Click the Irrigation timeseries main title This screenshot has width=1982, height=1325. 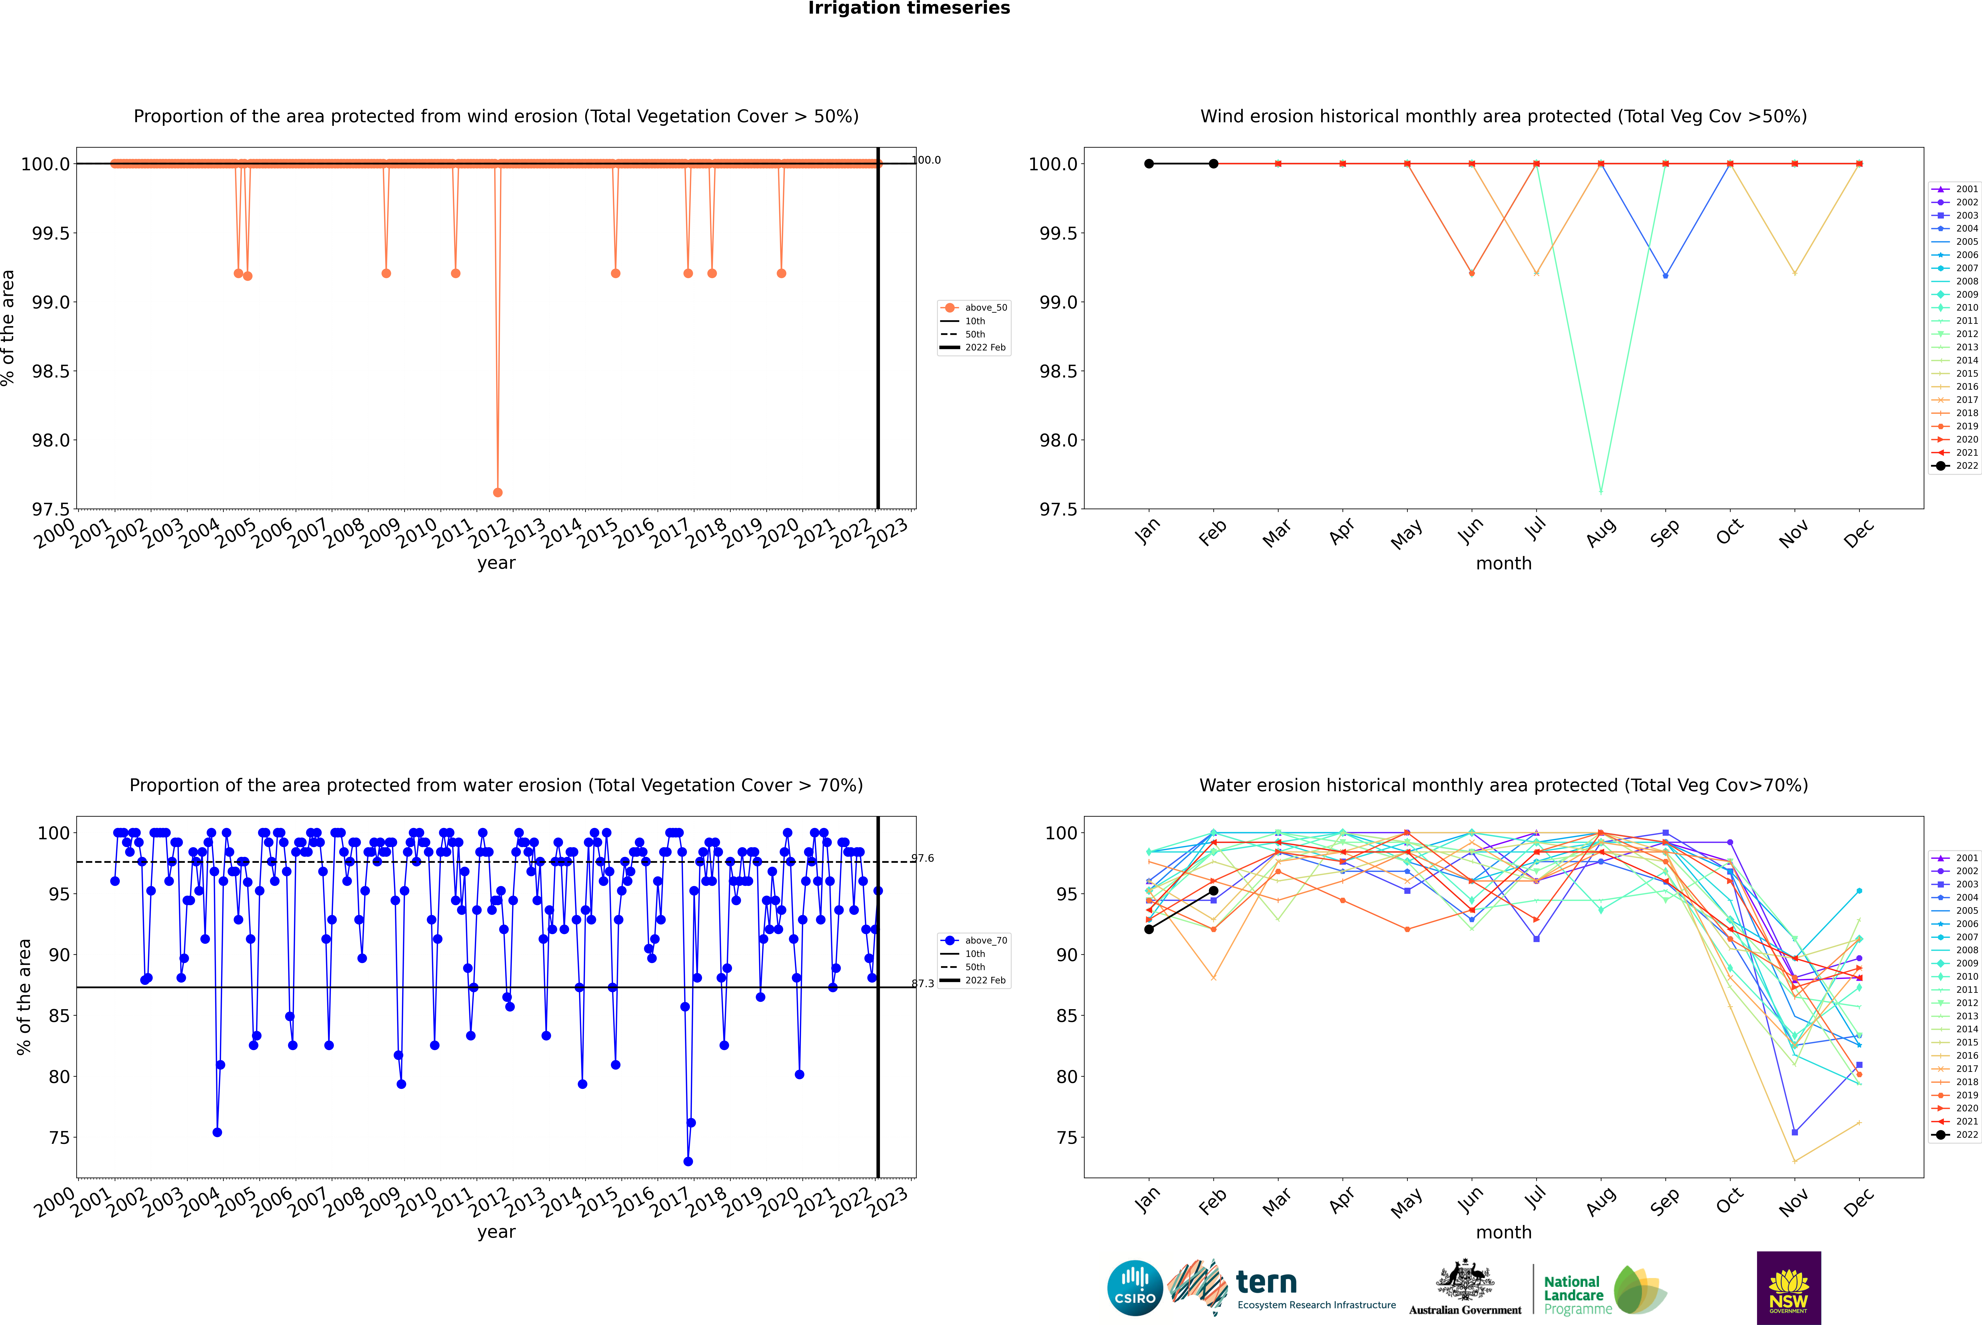pyautogui.click(x=908, y=8)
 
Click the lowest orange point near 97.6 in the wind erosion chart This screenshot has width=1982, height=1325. pyautogui.click(x=498, y=492)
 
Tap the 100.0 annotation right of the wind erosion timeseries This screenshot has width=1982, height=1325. pyautogui.click(x=926, y=160)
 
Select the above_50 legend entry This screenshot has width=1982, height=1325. pyautogui.click(x=985, y=308)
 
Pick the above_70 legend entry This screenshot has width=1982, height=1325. pyautogui.click(x=985, y=941)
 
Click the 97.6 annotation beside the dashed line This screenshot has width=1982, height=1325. pyautogui.click(x=923, y=859)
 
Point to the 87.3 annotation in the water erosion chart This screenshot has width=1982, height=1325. pyautogui.click(x=923, y=984)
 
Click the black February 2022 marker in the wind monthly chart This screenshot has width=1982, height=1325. pyautogui.click(x=1213, y=164)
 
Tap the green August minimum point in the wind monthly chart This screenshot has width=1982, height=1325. pyautogui.click(x=1600, y=491)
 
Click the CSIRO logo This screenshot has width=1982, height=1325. pyautogui.click(x=1135, y=1288)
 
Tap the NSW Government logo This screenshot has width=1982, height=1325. pyautogui.click(x=1788, y=1288)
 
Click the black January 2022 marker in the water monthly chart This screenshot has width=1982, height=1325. pyautogui.click(x=1149, y=929)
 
